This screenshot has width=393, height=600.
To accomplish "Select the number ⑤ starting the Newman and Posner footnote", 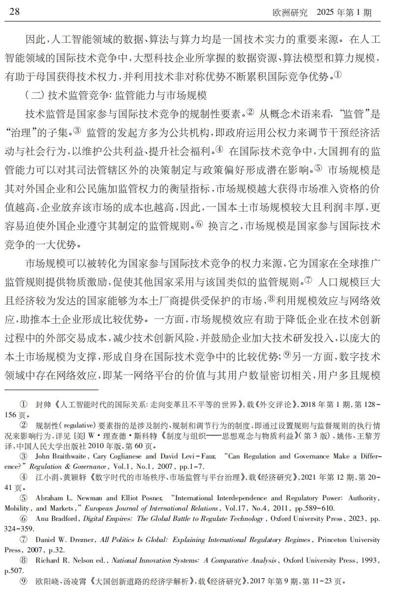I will (x=23, y=498).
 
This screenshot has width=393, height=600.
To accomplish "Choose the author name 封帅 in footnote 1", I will (x=42, y=404).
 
